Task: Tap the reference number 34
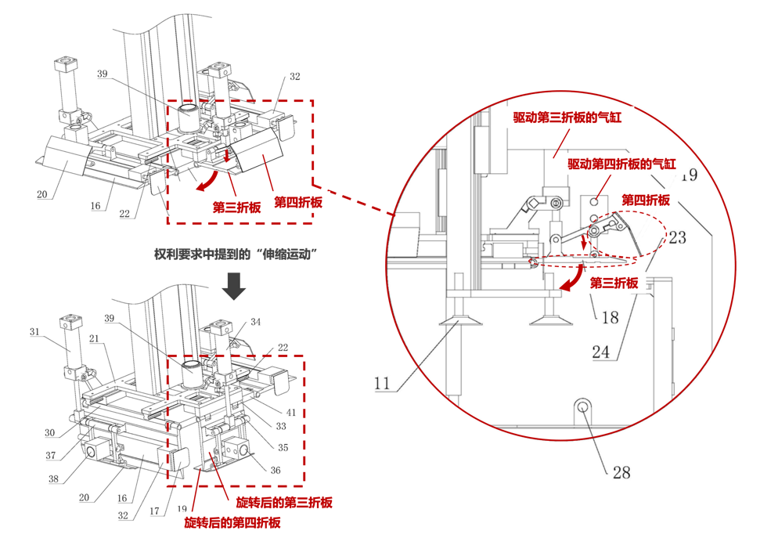pos(256,322)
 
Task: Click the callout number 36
pos(275,471)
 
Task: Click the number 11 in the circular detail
pos(381,385)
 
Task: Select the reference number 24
pos(601,352)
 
